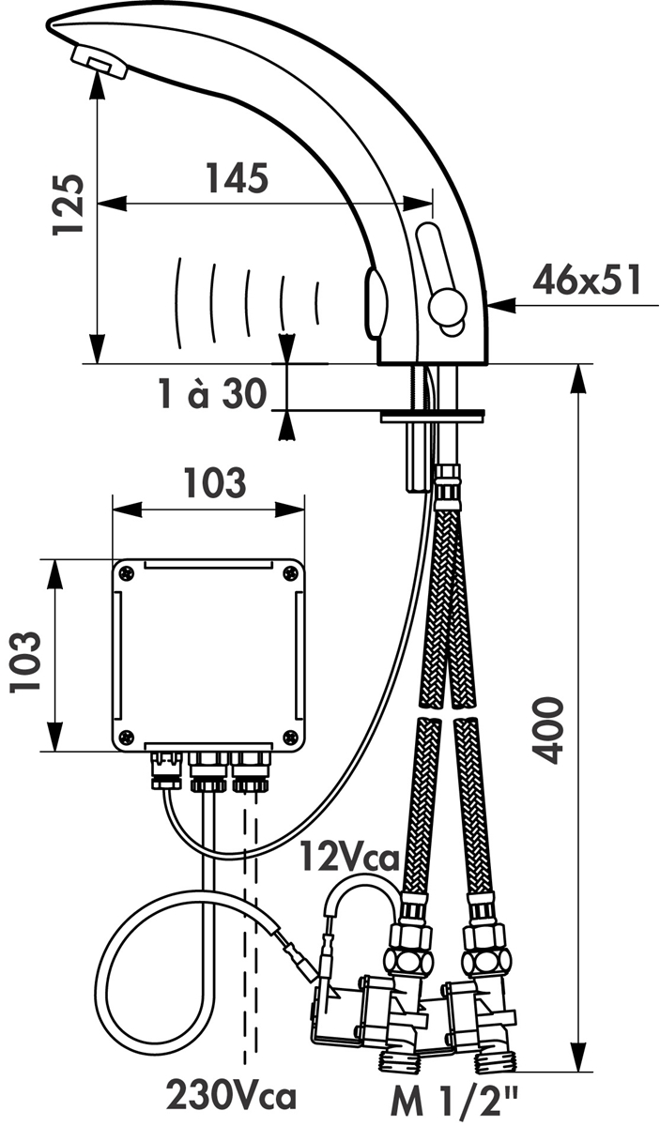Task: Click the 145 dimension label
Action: (238, 178)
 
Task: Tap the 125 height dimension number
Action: (68, 205)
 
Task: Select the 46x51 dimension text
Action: (587, 280)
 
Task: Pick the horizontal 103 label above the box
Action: (215, 482)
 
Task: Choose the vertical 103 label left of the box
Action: (24, 662)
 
